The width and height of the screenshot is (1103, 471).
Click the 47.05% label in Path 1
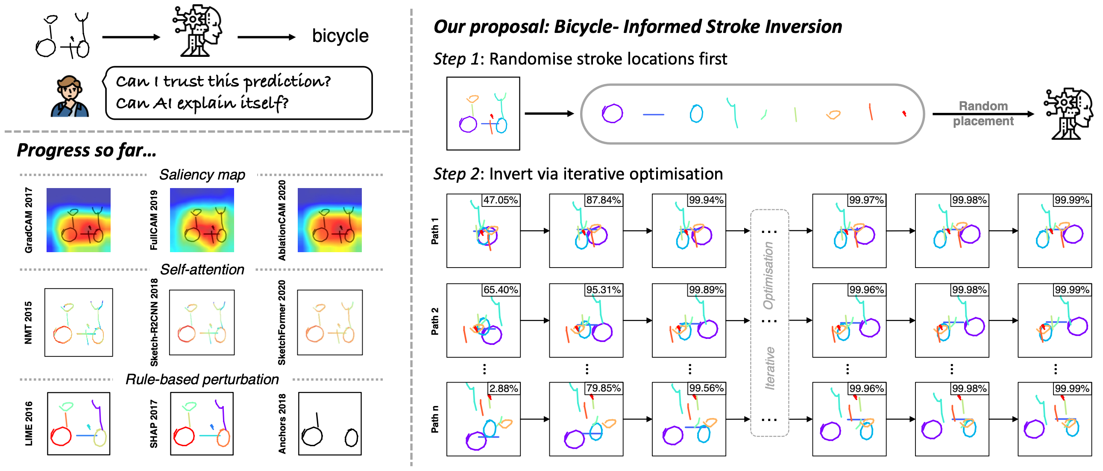[501, 200]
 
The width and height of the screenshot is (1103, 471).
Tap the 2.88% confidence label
[504, 388]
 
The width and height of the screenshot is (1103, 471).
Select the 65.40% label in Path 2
[501, 290]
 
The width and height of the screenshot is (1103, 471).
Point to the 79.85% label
[603, 388]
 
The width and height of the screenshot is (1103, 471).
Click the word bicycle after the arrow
[340, 36]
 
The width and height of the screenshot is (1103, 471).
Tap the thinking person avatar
[69, 97]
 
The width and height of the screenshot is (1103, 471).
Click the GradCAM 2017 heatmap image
[78, 220]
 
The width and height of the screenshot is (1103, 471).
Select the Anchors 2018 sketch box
[330, 424]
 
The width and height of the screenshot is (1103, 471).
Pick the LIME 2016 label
[29, 424]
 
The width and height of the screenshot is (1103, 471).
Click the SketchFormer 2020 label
[282, 323]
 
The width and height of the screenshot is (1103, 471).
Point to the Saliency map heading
[202, 175]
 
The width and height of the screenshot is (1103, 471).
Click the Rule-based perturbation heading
[202, 379]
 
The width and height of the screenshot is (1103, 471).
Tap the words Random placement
[983, 114]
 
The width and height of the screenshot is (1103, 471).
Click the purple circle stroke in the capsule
[612, 114]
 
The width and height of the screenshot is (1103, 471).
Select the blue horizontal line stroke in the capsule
[654, 115]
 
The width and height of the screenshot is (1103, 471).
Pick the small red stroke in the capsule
[904, 114]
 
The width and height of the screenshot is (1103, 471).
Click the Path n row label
[435, 419]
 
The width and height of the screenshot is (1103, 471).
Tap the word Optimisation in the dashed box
[769, 275]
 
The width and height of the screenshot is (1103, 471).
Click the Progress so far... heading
[86, 150]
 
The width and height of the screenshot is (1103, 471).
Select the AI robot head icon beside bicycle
[198, 31]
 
